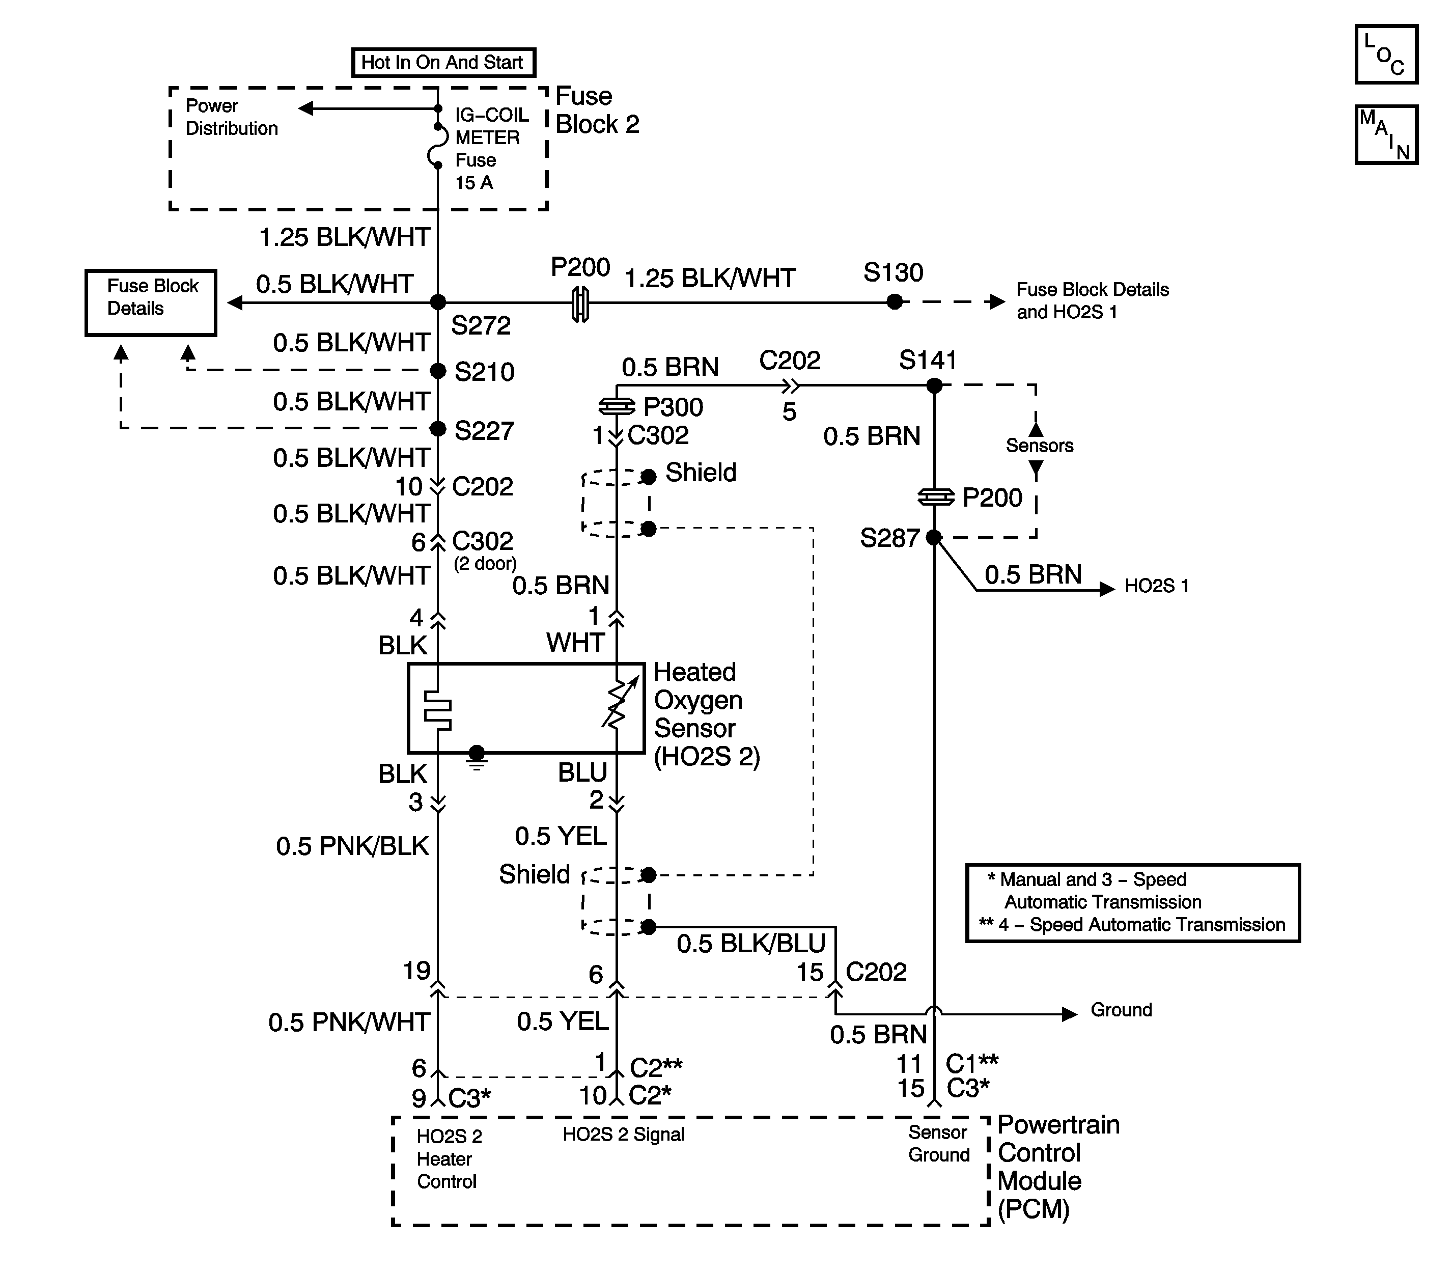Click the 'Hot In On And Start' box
tap(443, 63)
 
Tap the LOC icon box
tap(1386, 54)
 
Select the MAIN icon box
tap(1386, 135)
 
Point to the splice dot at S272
tap(438, 302)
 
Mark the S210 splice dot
tap(438, 370)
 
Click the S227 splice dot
tap(438, 428)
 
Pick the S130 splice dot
tap(895, 302)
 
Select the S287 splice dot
tap(934, 538)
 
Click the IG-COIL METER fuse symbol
tap(437, 146)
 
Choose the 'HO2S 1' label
tap(1156, 586)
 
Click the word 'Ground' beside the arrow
tap(1121, 1010)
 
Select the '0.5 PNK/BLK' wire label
tap(352, 846)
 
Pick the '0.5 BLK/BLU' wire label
tap(751, 943)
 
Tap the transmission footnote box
tap(1133, 902)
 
